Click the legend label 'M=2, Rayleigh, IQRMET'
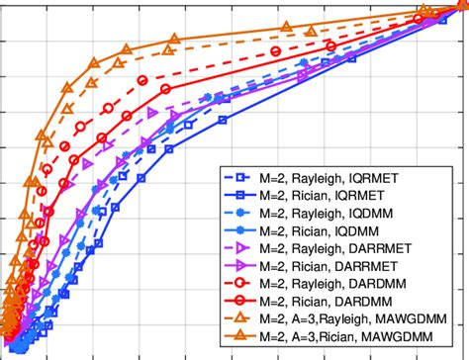pyautogui.click(x=341, y=179)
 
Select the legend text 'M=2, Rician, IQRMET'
pyautogui.click(x=336, y=196)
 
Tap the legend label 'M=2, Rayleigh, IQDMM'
pyautogui.click(x=340, y=213)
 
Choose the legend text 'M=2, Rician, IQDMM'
pyautogui.click(x=335, y=229)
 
